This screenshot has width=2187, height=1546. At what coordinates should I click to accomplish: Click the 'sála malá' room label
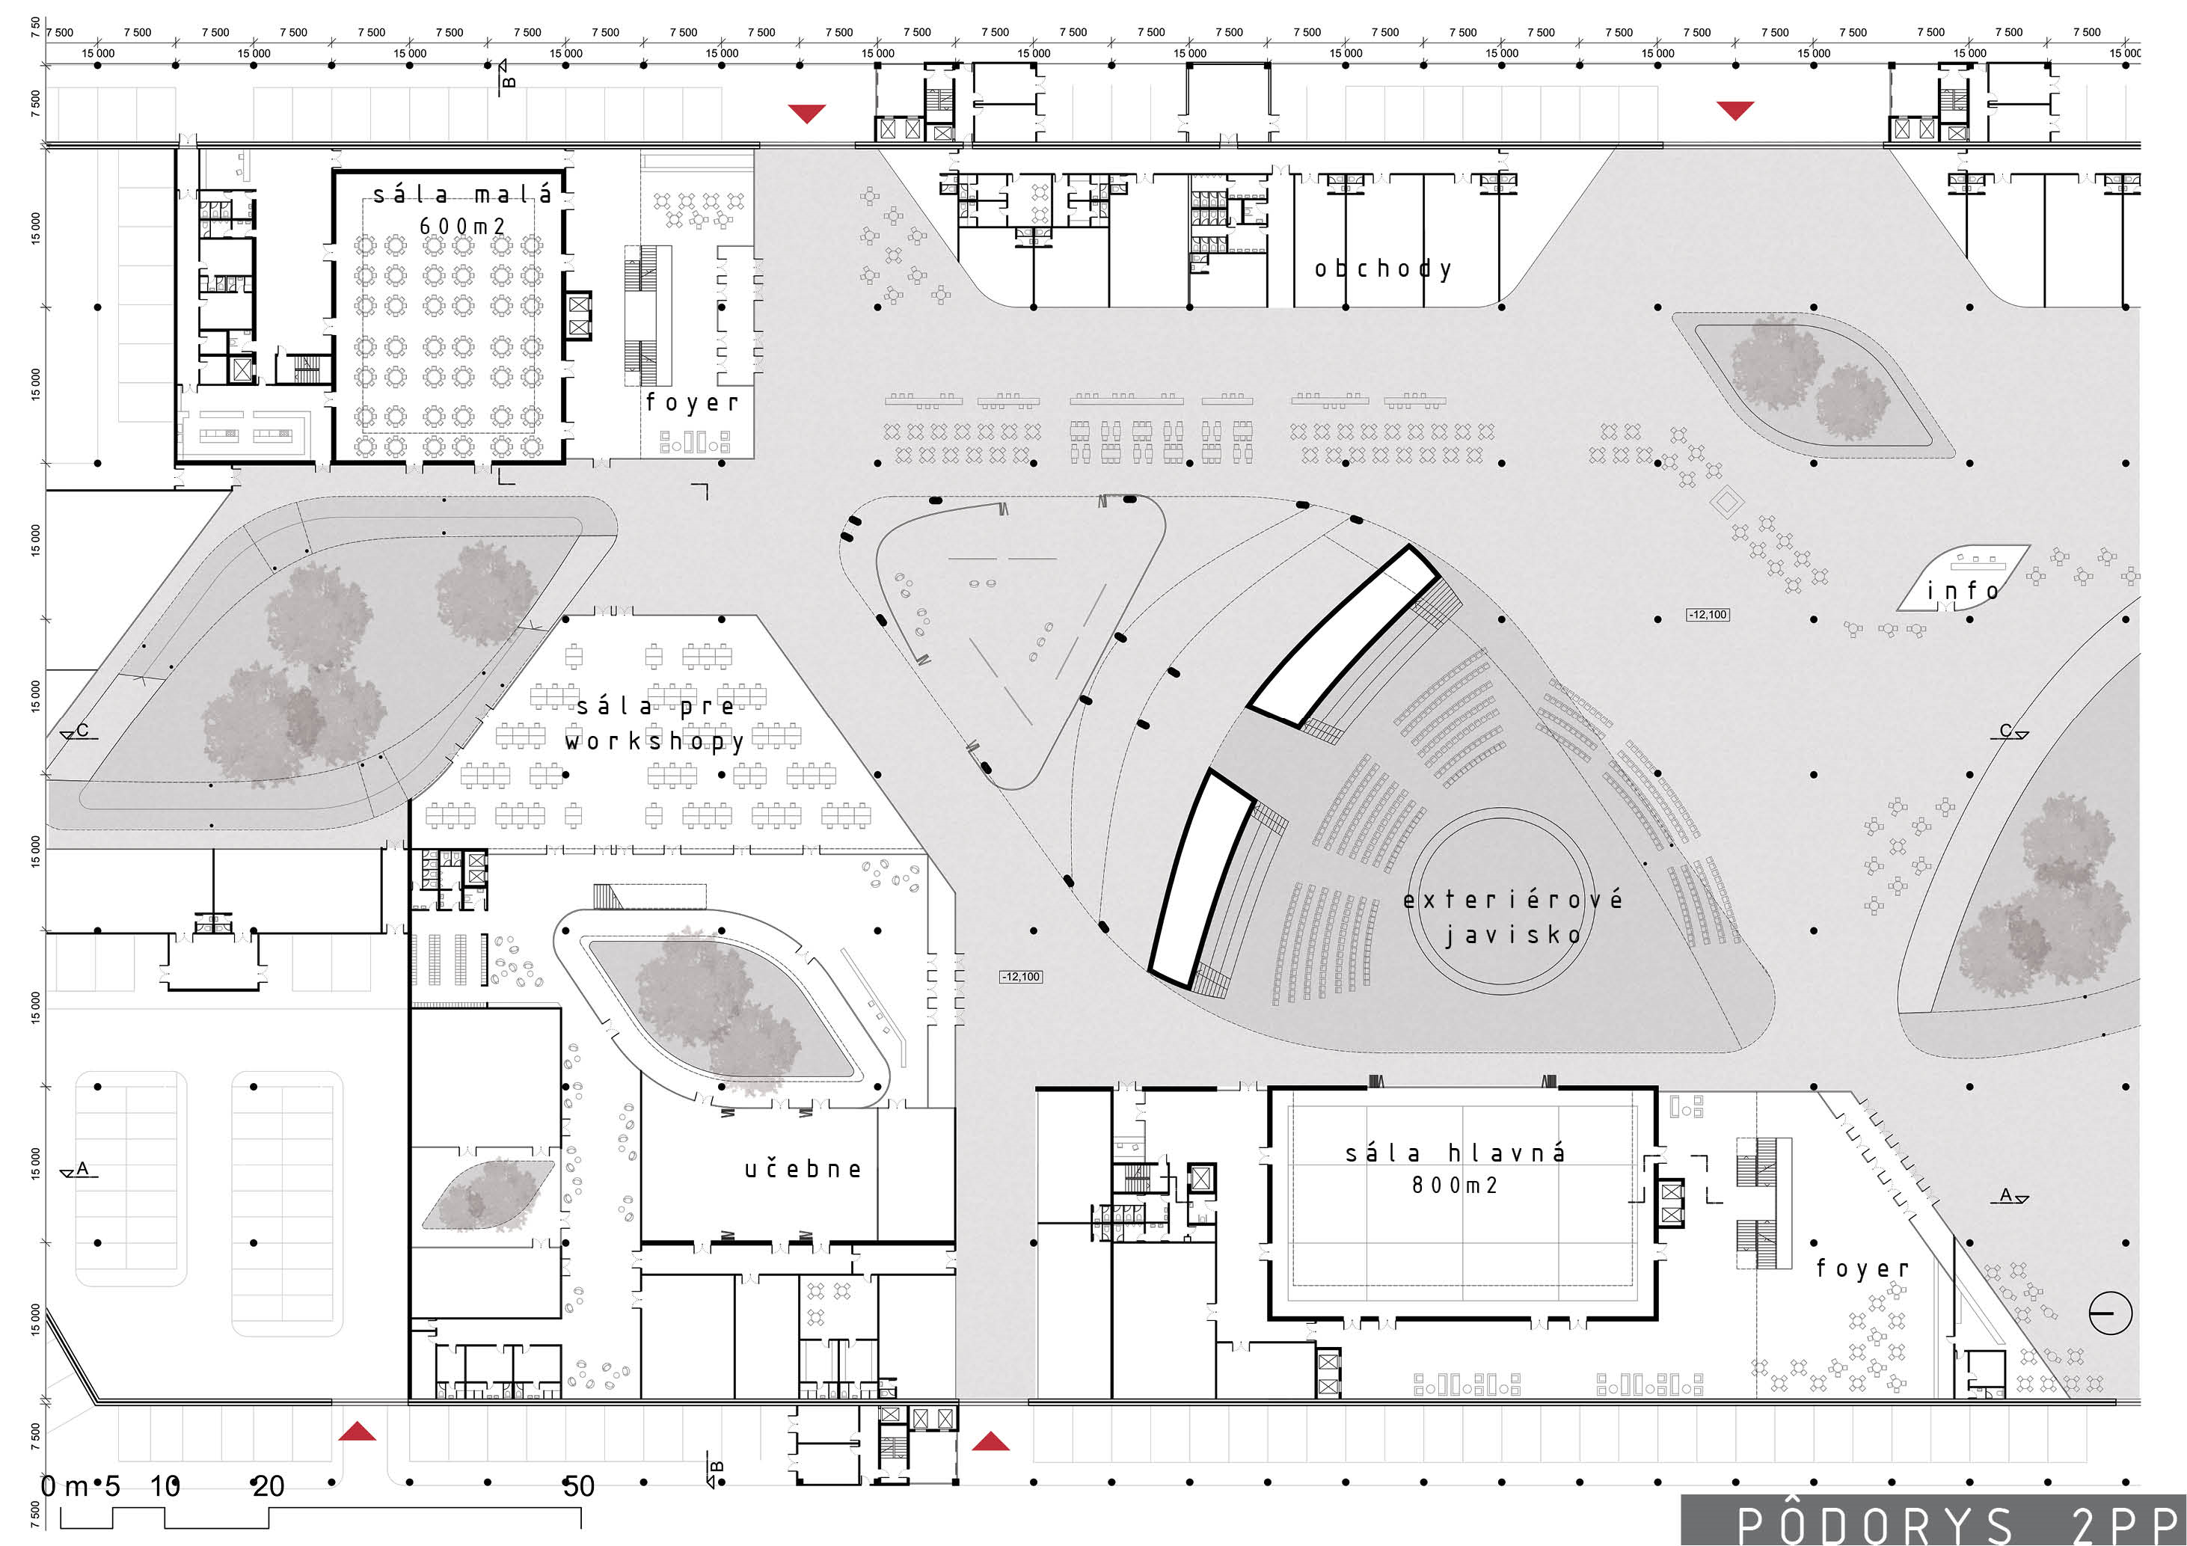pos(462,195)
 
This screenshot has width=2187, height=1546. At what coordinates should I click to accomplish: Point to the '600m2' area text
pos(462,227)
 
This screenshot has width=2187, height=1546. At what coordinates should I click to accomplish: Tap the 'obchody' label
pos(1383,269)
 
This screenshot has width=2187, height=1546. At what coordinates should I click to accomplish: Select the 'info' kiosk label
pos(1962,592)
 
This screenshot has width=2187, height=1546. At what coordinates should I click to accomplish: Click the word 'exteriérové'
pos(1512,899)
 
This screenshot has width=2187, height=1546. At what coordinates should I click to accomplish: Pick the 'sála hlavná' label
pos(1455,1153)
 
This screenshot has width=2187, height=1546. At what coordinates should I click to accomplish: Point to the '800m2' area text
pos(1455,1185)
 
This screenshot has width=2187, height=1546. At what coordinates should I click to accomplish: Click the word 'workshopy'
pos(654,741)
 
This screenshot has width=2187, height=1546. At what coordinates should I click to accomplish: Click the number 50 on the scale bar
pos(578,1486)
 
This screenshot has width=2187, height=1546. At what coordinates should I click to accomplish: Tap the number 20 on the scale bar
pos(268,1486)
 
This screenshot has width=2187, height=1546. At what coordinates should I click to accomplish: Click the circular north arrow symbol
pos(2111,1313)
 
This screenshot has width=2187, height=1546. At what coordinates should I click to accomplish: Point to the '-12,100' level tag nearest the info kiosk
pos(1707,614)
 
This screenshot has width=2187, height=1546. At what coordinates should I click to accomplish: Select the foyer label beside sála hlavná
pos(1862,1269)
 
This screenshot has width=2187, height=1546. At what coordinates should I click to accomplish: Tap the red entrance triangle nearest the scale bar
pos(358,1431)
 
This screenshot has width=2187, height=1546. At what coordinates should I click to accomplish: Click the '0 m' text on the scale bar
pos(64,1486)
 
